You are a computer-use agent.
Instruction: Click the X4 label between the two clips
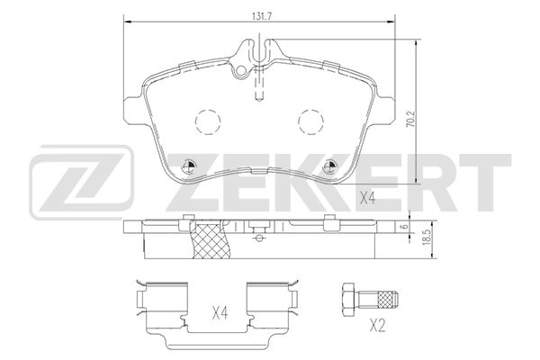coord(220,313)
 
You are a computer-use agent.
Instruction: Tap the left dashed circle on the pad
coord(208,120)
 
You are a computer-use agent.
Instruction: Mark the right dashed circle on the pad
coord(311,120)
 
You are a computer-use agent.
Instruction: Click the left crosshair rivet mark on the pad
coord(189,165)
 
